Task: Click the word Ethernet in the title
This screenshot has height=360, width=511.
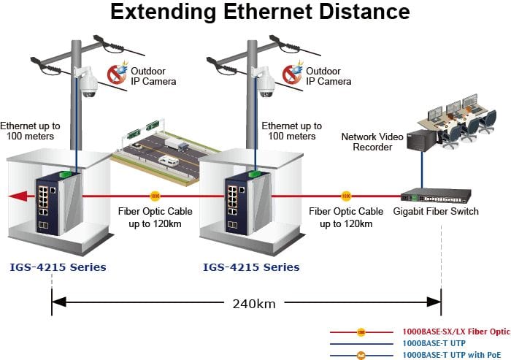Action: pyautogui.click(x=267, y=12)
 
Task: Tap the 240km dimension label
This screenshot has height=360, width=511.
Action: pyautogui.click(x=254, y=304)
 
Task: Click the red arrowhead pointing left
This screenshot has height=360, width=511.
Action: pyautogui.click(x=18, y=196)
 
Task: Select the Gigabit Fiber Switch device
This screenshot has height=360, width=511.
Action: pyautogui.click(x=436, y=196)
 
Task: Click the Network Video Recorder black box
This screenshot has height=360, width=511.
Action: pyautogui.click(x=422, y=140)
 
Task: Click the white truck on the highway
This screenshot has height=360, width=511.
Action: pyautogui.click(x=177, y=144)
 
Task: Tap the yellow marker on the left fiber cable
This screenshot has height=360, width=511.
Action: pyautogui.click(x=155, y=196)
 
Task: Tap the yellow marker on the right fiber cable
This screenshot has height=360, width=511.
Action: pyautogui.click(x=346, y=196)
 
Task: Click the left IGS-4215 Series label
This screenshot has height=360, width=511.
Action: pyautogui.click(x=58, y=267)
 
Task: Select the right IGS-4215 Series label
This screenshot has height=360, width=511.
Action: pyautogui.click(x=251, y=267)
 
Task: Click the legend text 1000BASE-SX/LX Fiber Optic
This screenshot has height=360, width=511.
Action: pyautogui.click(x=456, y=332)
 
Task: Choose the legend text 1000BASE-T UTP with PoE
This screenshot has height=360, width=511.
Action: pyautogui.click(x=452, y=355)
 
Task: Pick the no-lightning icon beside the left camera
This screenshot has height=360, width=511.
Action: pyautogui.click(x=117, y=74)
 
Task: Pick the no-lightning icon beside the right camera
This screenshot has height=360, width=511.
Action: pyautogui.click(x=292, y=74)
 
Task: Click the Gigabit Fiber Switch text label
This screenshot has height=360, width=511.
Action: pyautogui.click(x=436, y=211)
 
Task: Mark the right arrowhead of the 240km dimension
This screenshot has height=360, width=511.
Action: pyautogui.click(x=434, y=302)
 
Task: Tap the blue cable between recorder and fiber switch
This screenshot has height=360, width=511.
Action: pyautogui.click(x=422, y=170)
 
